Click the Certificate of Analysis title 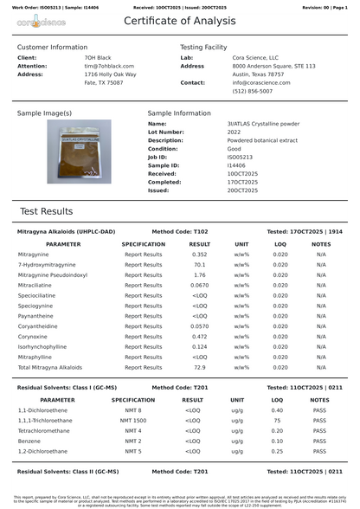coord(179,21)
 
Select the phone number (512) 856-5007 coord(251,91)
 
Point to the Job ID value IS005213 coord(241,157)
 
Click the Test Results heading coord(46,211)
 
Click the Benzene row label coord(30,441)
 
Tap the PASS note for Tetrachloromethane coord(319,430)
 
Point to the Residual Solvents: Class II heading coord(68,472)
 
